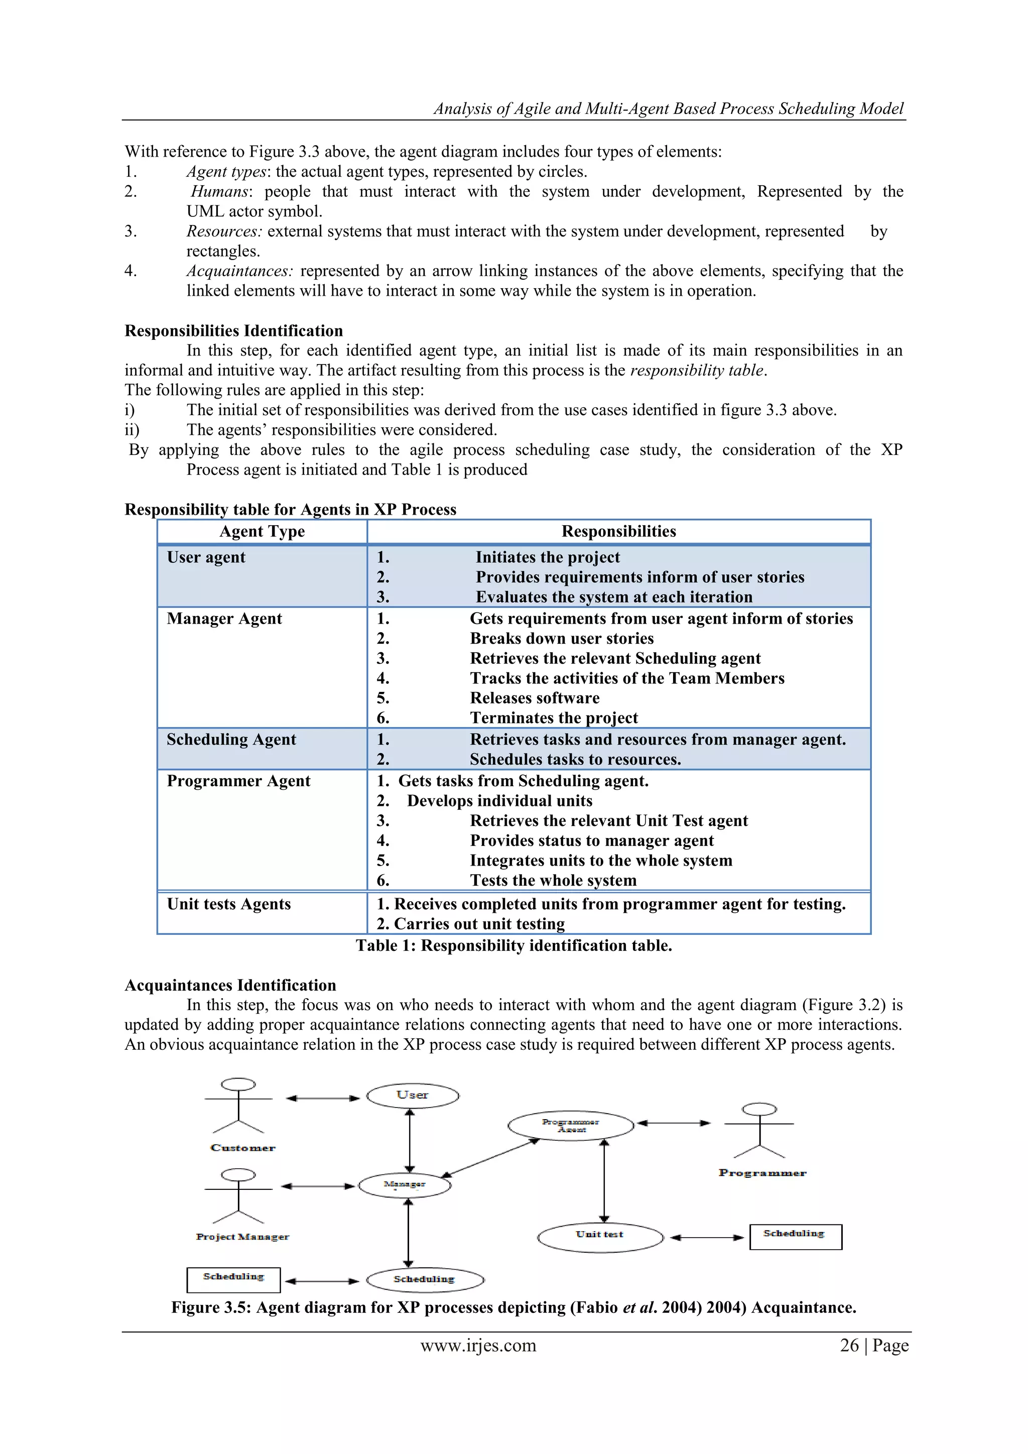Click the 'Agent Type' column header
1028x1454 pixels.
point(262,531)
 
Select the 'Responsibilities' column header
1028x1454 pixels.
point(618,531)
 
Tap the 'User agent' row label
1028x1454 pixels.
point(206,557)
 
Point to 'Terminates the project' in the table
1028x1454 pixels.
point(554,718)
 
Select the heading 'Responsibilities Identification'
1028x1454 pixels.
point(233,330)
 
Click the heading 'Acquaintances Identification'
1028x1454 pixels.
point(230,986)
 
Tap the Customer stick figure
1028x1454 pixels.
point(238,1106)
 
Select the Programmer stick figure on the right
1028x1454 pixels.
point(759,1130)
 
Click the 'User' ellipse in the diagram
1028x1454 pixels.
point(413,1095)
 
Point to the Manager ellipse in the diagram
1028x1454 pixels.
point(405,1185)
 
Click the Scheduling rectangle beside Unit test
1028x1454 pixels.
point(795,1236)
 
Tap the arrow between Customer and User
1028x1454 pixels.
point(322,1099)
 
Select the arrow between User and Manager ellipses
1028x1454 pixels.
point(410,1140)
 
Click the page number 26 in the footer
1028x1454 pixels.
point(849,1345)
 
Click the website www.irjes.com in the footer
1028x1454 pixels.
point(478,1345)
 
